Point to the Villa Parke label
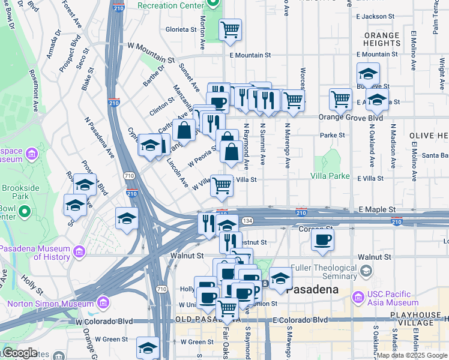(330, 176)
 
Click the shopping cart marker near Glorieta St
(230, 29)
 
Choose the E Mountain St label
(250, 55)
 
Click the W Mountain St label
(151, 52)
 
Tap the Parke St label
(333, 135)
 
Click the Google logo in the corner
(19, 353)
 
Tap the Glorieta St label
(181, 29)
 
